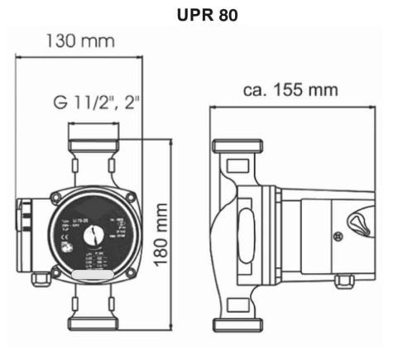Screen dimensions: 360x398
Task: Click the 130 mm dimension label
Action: [79, 41]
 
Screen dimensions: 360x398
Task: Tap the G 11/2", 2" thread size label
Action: [97, 103]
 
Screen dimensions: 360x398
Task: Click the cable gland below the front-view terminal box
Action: [39, 279]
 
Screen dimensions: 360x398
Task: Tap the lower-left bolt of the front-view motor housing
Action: [55, 271]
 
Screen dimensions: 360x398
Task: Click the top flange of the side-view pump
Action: [237, 150]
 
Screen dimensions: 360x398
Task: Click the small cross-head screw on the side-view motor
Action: [338, 236]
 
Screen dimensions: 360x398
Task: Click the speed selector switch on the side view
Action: [358, 222]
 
